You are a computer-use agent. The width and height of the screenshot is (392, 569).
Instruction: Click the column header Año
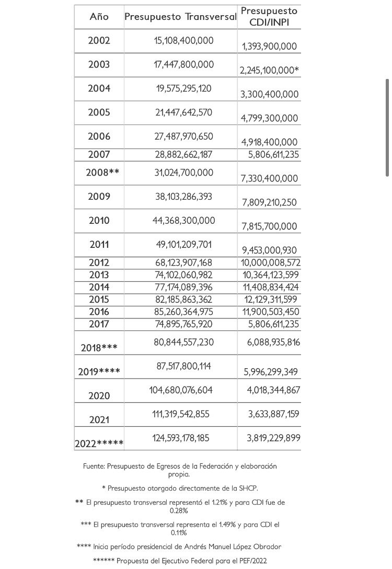click(x=99, y=17)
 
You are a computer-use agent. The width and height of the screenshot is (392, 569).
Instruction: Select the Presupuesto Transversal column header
click(x=180, y=17)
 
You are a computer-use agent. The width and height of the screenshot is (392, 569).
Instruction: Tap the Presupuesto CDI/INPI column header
click(x=269, y=17)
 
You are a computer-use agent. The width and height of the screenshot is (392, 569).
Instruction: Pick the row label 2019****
click(x=99, y=372)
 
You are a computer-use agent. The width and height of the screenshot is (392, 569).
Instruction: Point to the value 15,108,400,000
click(x=184, y=40)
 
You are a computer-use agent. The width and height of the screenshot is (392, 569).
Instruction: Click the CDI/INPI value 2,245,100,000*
click(x=269, y=70)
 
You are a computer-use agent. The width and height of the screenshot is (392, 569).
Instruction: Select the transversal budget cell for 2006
click(x=184, y=136)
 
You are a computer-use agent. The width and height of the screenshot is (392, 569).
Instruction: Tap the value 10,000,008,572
click(x=270, y=263)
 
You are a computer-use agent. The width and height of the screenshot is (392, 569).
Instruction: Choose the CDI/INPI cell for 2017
click(x=274, y=324)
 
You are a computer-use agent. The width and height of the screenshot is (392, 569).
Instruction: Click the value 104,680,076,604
click(x=184, y=390)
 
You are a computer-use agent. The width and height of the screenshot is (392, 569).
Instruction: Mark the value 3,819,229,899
click(x=274, y=438)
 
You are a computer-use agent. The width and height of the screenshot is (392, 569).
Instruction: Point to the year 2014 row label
click(x=99, y=287)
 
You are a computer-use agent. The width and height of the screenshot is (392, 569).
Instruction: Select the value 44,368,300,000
click(x=184, y=221)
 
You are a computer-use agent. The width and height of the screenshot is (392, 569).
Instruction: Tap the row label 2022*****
click(x=99, y=444)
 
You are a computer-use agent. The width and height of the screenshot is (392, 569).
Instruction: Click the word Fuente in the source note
click(x=95, y=466)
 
